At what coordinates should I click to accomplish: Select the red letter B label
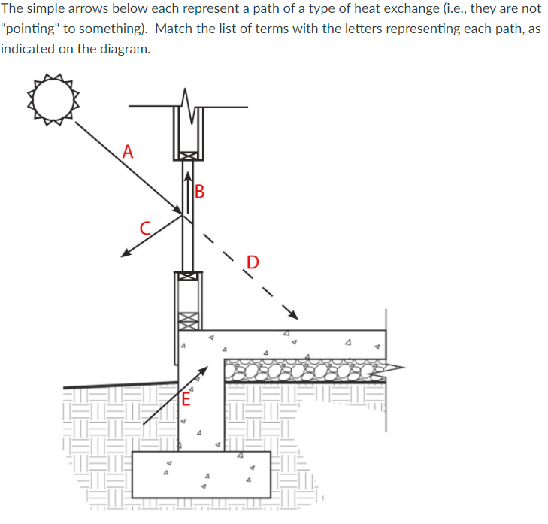coord(199,191)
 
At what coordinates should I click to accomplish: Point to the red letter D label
coord(253,262)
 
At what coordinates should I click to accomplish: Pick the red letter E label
coord(186,400)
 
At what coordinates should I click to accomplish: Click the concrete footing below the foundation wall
coord(200,474)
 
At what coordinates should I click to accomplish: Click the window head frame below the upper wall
coord(187,156)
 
